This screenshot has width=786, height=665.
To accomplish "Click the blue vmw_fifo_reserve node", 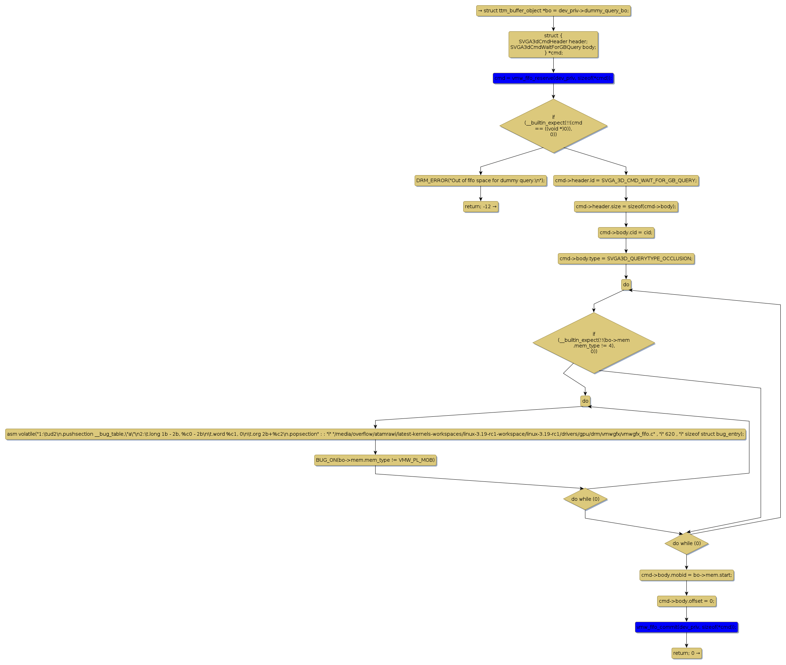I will (x=553, y=78).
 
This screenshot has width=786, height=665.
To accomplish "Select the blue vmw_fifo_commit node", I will (x=686, y=627).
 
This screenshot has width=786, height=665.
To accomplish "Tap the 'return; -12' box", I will (x=480, y=206).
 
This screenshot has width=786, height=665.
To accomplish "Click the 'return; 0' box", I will (x=686, y=653).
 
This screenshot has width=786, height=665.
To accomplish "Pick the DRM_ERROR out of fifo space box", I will (x=480, y=180).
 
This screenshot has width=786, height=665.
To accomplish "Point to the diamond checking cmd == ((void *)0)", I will (x=553, y=126).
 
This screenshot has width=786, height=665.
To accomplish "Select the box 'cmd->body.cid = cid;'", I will (x=626, y=232).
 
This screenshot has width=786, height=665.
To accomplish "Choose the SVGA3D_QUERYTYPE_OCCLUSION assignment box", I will (x=626, y=258).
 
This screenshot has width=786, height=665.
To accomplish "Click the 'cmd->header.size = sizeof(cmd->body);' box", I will (x=626, y=206).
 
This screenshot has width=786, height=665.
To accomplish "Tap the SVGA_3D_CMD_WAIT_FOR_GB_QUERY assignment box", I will (x=626, y=180).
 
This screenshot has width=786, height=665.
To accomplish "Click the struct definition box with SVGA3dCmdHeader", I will (x=553, y=44).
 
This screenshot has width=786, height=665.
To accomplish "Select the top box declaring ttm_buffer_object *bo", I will (x=553, y=11).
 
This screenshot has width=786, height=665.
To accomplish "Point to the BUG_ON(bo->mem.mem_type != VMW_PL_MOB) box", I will (x=375, y=460).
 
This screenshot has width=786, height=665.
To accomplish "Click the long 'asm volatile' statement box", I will (x=376, y=434).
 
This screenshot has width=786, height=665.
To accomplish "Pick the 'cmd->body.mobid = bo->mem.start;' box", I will (x=686, y=575).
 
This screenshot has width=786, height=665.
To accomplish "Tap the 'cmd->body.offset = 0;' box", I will (x=686, y=601).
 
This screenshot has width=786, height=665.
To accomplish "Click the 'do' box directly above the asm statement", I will (x=585, y=401).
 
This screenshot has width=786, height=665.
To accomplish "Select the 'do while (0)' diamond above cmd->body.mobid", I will (x=686, y=543).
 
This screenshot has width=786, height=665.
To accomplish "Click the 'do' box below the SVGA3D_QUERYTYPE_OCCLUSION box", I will (x=626, y=284).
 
